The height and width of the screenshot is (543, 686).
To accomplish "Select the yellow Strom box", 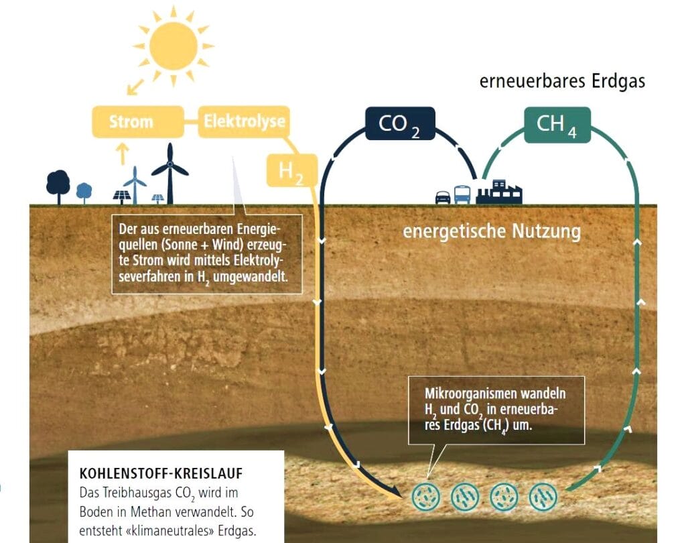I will pos(131,122).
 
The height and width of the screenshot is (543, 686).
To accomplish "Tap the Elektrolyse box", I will pos(244,121).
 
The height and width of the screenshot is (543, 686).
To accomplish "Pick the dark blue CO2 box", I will pos(399,124).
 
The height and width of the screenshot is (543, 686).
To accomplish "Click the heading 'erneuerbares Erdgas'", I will pos(562,81).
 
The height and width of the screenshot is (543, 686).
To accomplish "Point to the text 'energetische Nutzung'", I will pos(491,232).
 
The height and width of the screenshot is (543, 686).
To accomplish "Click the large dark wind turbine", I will pos(169,172).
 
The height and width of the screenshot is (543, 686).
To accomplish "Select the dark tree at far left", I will pos(58,184).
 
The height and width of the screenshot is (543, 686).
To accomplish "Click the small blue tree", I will pos(84,191).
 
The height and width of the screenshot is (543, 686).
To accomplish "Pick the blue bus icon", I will pos(462,194).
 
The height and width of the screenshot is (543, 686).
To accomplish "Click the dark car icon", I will pos(443,197).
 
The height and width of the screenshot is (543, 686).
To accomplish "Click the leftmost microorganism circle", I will pos(423,497).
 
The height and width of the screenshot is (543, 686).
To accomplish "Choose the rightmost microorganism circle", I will pos(543,497).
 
